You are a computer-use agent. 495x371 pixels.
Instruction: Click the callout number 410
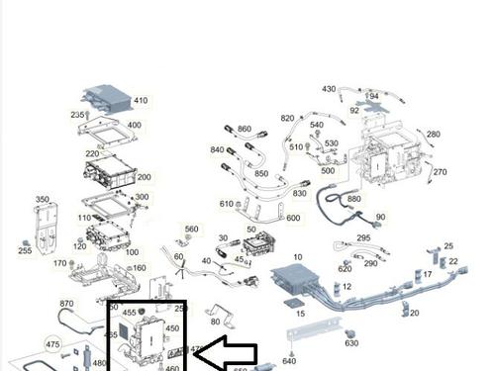point(140,100)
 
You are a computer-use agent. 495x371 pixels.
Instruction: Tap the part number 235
point(78,115)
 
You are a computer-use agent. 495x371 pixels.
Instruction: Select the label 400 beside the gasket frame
point(134,126)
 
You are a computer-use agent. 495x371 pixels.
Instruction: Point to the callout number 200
point(144,177)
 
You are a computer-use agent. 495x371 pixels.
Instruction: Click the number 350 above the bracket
point(43,200)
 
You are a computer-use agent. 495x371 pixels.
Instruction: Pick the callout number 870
point(66,304)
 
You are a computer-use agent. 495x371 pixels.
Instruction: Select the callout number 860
point(245,130)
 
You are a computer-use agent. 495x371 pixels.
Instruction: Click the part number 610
point(227,204)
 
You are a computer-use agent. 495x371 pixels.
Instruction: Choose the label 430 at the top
point(329,89)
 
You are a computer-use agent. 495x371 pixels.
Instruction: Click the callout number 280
point(433,134)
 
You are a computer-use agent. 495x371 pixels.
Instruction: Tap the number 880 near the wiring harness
point(353,199)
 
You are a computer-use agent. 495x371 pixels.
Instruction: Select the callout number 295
point(363,238)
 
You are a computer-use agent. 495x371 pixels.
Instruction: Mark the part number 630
point(351,343)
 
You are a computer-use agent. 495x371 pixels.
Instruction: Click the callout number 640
point(289,361)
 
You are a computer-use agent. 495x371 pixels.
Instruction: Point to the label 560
point(191,229)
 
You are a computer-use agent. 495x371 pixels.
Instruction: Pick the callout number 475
point(52,343)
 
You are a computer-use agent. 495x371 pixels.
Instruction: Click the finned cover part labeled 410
point(106,99)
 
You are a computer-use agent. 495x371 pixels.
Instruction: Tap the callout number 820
point(287,119)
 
